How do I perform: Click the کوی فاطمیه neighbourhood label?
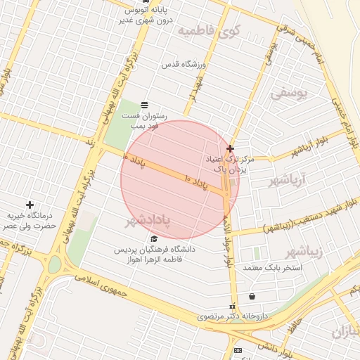(210, 31)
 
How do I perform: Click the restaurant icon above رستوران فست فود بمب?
(145, 105)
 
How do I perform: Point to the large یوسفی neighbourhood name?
(290, 92)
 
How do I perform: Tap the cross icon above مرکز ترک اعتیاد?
(231, 148)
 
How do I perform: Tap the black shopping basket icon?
(252, 296)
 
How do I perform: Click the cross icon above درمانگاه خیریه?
(30, 204)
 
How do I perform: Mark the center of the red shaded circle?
(180, 180)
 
